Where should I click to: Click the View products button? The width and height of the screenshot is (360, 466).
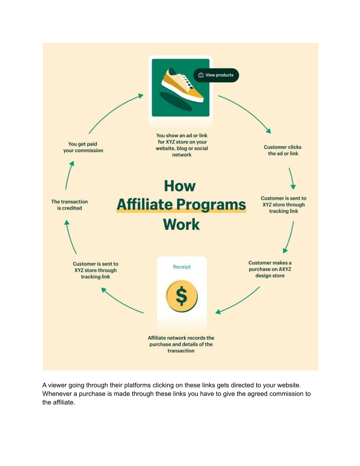(x=216, y=75)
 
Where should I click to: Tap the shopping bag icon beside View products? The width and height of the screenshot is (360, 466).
(x=201, y=75)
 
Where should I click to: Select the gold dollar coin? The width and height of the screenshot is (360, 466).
(x=182, y=296)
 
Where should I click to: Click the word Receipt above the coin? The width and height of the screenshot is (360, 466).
(x=182, y=267)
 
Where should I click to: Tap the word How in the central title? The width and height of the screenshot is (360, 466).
(x=180, y=186)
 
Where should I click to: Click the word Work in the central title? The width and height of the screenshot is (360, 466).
(x=181, y=224)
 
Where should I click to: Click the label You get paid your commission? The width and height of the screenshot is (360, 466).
(x=83, y=147)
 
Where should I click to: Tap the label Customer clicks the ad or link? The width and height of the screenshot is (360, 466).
(x=283, y=150)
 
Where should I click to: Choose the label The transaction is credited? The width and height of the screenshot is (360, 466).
(x=69, y=205)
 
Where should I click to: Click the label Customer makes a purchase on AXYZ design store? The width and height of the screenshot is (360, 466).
(x=270, y=269)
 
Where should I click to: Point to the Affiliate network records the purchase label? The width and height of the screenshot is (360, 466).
(x=181, y=344)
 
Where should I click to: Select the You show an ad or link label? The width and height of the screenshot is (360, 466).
(x=182, y=145)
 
